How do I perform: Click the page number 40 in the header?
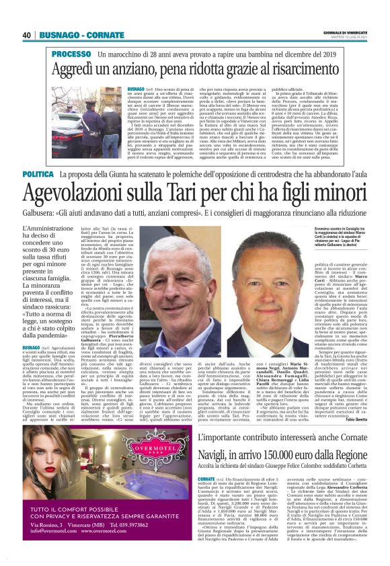click(x=27, y=35)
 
